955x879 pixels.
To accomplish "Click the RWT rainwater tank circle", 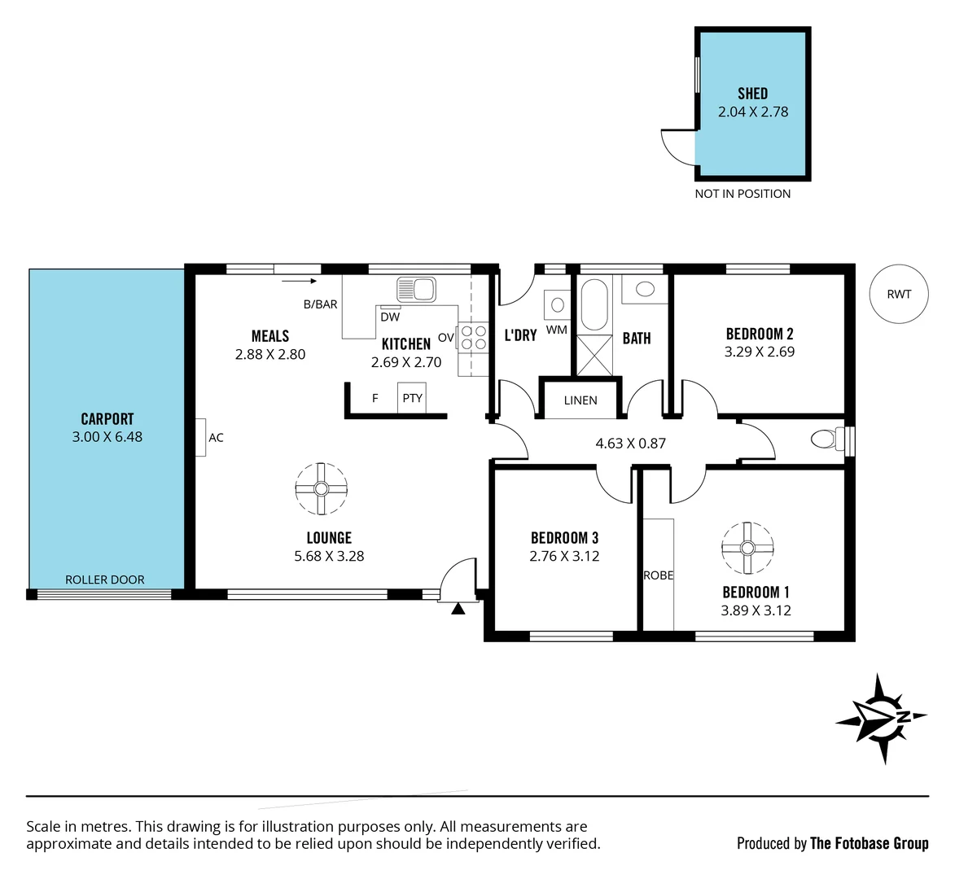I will point(899,294).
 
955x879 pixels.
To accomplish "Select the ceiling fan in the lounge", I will point(321,488).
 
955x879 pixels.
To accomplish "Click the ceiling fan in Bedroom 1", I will point(747,547).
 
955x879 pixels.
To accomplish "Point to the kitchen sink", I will point(416,289).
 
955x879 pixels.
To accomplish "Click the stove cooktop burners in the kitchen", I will point(471,337).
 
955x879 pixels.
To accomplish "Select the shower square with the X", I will point(594,355).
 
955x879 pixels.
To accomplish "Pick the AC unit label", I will point(216,438).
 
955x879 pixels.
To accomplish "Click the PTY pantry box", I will point(412,398).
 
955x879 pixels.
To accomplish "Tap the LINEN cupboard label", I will point(580,400).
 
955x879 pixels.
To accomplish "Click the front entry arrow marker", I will point(458,608).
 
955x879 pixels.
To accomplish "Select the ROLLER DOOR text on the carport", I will point(105,579).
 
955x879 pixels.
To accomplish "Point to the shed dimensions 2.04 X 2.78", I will point(753,112).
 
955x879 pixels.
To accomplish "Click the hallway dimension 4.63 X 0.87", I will point(631,444).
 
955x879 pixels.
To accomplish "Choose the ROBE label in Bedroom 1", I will point(659,575).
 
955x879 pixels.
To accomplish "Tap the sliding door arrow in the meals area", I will point(300,282).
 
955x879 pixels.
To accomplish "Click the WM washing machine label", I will point(557,330).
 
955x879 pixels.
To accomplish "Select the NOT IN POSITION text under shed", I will point(743,194).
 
